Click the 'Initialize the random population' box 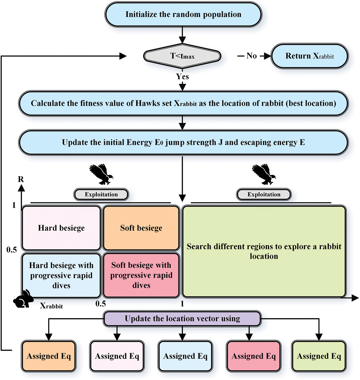[x=183, y=14]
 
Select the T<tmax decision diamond [x=182, y=56]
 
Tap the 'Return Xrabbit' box [x=310, y=56]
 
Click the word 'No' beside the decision [x=252, y=56]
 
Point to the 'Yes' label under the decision [x=182, y=76]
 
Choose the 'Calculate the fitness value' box [x=183, y=103]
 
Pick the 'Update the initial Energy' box [x=183, y=142]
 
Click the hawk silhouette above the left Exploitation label [x=101, y=174]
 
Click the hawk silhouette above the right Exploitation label [x=264, y=174]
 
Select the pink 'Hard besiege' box [x=61, y=228]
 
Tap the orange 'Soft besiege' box [x=141, y=228]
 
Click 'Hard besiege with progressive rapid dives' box [x=61, y=275]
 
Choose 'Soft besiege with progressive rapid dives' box [x=141, y=275]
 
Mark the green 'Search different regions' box [x=264, y=251]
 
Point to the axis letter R [x=21, y=179]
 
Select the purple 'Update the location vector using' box [x=182, y=319]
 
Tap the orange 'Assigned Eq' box [x=49, y=356]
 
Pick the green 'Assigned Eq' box [x=319, y=356]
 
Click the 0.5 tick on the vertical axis [x=11, y=250]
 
